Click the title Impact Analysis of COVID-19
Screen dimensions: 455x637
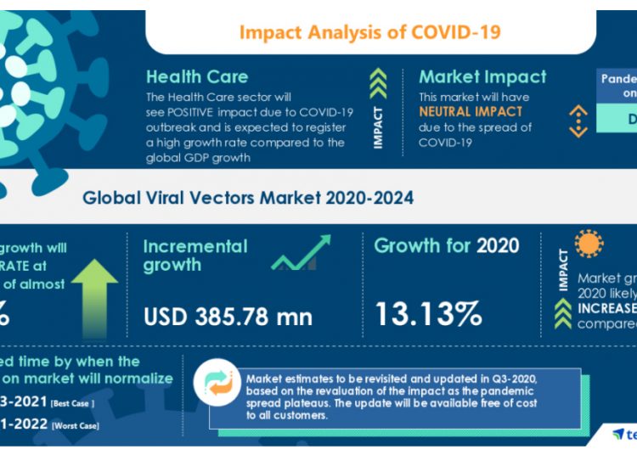[369, 32]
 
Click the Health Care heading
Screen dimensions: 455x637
[197, 76]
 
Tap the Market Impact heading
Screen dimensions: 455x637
[482, 76]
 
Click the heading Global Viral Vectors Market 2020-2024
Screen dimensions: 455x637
[248, 198]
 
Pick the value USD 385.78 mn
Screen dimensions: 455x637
[228, 317]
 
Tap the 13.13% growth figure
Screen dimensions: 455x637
[428, 314]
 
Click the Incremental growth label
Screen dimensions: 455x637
[194, 256]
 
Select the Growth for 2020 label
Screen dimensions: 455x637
[447, 246]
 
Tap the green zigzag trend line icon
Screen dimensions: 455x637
[301, 253]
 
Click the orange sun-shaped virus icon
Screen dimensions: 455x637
[588, 244]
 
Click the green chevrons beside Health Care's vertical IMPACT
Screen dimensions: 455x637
[379, 83]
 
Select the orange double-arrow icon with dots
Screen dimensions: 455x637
[578, 121]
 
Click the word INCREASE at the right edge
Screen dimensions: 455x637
[606, 308]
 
